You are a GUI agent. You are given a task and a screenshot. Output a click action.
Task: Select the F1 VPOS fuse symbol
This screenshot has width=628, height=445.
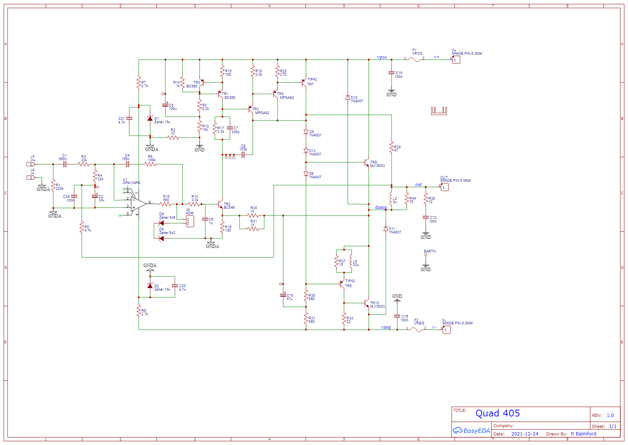417,59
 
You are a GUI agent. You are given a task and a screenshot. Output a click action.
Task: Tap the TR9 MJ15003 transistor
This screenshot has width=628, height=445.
367,162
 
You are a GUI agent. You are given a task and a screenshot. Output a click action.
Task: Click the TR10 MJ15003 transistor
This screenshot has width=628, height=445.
367,303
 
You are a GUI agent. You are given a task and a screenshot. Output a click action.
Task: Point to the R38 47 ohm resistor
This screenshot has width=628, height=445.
392,148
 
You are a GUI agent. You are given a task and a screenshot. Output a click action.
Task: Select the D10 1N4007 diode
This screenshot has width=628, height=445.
347,98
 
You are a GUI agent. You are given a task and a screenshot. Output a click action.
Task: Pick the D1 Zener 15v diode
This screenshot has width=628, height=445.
150,119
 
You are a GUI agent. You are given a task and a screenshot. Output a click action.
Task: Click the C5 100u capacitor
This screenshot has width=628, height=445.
165,105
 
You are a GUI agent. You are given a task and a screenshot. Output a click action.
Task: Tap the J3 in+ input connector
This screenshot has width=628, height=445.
30,164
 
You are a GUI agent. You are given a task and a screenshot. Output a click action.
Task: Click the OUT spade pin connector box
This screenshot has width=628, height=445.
444,187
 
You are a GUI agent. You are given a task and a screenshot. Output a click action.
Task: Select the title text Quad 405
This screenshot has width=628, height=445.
497,413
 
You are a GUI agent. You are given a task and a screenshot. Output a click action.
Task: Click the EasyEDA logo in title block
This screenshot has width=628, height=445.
471,431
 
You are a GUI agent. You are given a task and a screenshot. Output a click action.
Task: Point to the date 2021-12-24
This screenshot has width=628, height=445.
525,434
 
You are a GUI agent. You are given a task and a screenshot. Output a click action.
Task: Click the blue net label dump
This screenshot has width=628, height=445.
381,207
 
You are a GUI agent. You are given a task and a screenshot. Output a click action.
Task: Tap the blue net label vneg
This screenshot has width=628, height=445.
385,327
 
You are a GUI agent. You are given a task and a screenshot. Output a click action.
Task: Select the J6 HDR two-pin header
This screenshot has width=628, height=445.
190,221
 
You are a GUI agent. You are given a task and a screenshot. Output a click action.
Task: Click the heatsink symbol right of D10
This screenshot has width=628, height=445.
439,111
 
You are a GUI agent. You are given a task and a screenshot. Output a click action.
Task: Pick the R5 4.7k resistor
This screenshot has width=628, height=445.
82,228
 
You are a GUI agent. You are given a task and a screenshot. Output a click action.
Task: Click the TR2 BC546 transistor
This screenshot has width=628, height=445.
220,204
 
